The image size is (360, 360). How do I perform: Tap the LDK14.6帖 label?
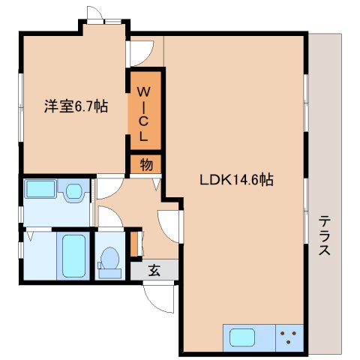235,180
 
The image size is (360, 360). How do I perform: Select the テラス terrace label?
325,235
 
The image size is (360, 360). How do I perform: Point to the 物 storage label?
145,165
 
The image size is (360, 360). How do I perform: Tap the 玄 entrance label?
153,271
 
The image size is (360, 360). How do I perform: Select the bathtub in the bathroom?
73,256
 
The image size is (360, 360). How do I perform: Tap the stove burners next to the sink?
290,337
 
